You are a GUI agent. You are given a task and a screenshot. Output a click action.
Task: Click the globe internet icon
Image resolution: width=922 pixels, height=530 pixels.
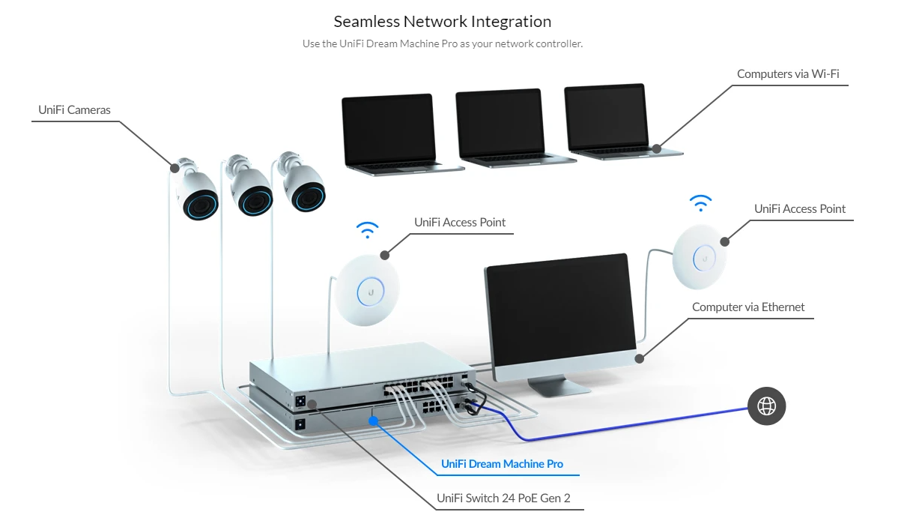pyautogui.click(x=766, y=406)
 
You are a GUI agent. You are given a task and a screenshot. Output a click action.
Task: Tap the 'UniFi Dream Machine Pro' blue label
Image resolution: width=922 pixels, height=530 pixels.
pyautogui.click(x=502, y=463)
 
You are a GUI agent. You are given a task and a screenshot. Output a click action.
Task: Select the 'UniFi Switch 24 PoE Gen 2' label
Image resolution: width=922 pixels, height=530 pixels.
pyautogui.click(x=503, y=499)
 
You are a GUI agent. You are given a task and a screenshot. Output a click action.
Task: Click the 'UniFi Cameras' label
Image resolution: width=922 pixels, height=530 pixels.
pyautogui.click(x=74, y=109)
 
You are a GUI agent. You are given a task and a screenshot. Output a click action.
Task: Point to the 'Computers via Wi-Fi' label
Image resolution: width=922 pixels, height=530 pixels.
pyautogui.click(x=788, y=73)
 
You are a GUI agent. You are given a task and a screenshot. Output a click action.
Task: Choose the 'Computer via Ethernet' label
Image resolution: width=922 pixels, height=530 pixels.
pyautogui.click(x=748, y=307)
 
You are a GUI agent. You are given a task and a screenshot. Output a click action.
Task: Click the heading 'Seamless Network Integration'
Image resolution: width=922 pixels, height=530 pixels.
pyautogui.click(x=443, y=22)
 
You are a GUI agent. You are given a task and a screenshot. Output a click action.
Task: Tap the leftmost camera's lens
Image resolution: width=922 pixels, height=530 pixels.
pyautogui.click(x=201, y=205)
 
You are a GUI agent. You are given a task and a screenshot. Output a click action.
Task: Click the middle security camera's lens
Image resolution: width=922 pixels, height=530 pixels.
pyautogui.click(x=255, y=201)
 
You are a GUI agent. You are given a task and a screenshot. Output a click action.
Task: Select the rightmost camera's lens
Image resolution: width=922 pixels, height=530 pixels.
pyautogui.click(x=309, y=198)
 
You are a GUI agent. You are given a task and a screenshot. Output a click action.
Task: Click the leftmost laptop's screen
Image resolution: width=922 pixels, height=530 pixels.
pyautogui.click(x=389, y=129)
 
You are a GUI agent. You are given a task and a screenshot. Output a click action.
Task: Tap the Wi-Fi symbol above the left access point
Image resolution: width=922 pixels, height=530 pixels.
pyautogui.click(x=367, y=229)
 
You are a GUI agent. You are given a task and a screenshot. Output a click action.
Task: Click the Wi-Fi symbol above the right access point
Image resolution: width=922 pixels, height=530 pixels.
pyautogui.click(x=700, y=202)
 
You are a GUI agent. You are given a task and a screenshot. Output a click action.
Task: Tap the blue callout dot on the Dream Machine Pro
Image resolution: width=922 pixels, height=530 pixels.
pyautogui.click(x=373, y=421)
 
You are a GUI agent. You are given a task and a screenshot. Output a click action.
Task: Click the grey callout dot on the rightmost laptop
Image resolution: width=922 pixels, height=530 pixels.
pyautogui.click(x=657, y=148)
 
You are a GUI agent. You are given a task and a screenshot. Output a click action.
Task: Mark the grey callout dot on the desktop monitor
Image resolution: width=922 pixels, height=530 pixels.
pyautogui.click(x=639, y=358)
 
